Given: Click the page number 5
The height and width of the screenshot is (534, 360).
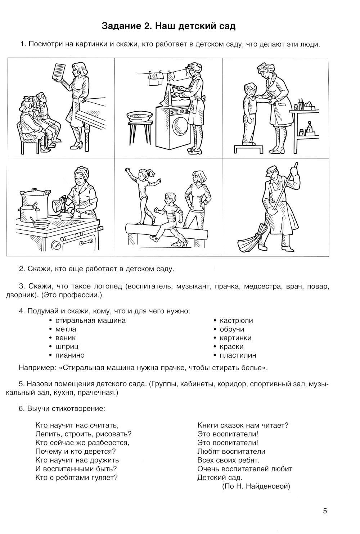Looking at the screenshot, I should [x=325, y=511].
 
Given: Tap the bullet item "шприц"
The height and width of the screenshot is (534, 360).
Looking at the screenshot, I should [x=67, y=347].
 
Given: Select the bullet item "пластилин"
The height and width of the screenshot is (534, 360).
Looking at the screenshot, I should [x=238, y=355].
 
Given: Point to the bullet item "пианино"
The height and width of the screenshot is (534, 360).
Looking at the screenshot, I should [x=70, y=355].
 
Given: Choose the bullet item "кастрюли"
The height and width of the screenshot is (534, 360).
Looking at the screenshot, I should [x=236, y=320].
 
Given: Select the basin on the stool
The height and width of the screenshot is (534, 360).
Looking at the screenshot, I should [x=138, y=116].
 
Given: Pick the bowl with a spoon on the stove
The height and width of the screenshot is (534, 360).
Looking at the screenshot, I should [x=41, y=223].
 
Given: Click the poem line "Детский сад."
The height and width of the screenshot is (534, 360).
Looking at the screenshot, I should [x=220, y=477].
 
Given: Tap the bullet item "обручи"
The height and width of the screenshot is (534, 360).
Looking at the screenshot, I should [x=232, y=329].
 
